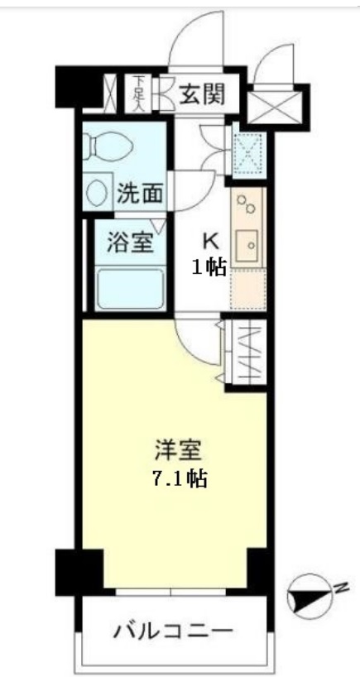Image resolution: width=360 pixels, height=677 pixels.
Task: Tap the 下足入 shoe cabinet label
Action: (138, 93)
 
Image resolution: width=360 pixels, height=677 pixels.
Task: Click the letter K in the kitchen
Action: (210, 242)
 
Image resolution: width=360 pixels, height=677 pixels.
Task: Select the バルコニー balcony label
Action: (173, 631)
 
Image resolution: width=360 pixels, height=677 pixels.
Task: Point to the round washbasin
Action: (98, 194)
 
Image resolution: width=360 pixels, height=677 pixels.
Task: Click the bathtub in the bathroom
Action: (130, 287)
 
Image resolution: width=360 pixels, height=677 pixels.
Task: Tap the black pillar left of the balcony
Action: (71, 571)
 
